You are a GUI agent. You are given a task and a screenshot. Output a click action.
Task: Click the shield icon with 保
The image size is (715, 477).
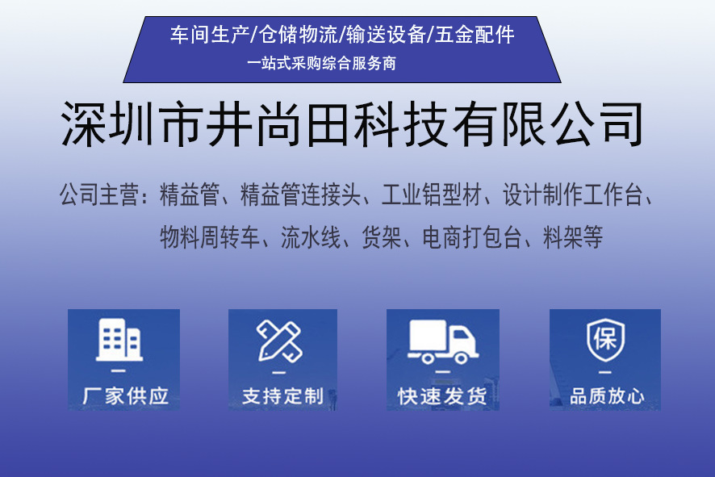click(605, 339)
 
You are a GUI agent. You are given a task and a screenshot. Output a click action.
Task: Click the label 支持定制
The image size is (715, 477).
click(282, 396)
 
